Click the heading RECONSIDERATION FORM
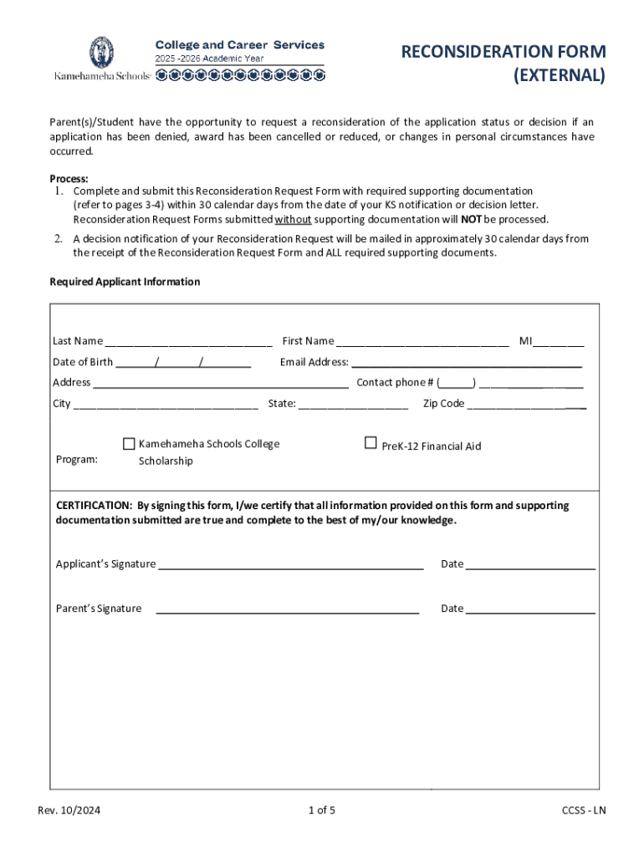pos(503,53)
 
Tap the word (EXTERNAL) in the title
pos(558,76)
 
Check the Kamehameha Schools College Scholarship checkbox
pos(129,443)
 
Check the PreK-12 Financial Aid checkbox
pos(371,443)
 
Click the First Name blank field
pos(422,342)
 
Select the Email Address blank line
pos(466,364)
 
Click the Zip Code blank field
pos(526,405)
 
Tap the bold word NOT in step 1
pos(471,220)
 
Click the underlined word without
pos(293,220)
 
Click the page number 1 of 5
pos(322,810)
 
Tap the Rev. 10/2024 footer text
pos(69,810)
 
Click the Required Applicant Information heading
pos(125,282)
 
